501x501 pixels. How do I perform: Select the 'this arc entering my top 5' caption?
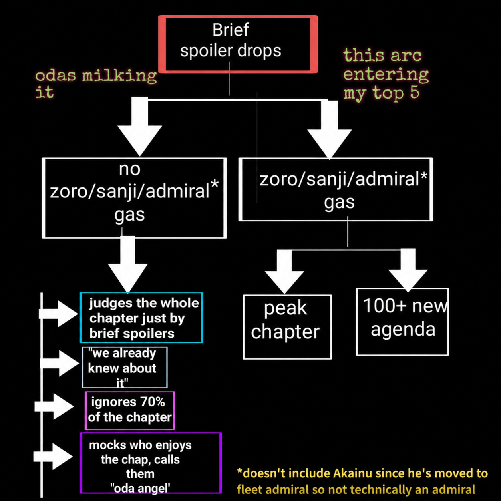click(x=386, y=74)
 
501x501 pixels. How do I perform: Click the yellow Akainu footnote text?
click(x=362, y=481)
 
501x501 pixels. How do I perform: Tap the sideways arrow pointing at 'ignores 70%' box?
click(x=54, y=406)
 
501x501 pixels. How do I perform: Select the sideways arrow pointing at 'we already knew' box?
click(x=60, y=363)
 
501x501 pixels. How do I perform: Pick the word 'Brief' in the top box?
click(x=231, y=30)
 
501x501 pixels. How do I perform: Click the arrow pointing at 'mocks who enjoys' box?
click(x=53, y=457)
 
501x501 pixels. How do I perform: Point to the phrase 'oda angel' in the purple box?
click(x=140, y=488)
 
